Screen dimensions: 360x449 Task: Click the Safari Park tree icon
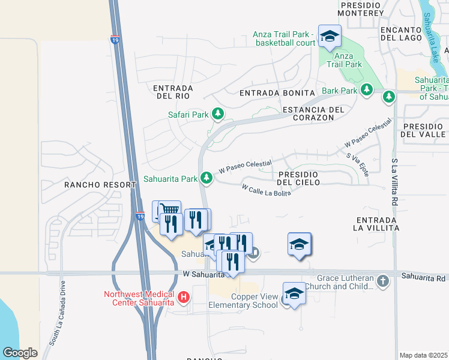point(218,113)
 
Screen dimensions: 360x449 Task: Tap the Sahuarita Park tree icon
point(206,178)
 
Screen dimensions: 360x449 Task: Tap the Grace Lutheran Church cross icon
point(383,280)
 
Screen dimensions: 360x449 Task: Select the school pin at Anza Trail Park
point(329,36)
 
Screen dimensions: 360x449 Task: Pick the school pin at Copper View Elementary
point(294,293)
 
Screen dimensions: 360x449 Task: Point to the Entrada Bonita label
point(277,93)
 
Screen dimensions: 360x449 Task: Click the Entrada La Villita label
point(377,224)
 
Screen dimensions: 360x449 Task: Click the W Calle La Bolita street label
point(267,190)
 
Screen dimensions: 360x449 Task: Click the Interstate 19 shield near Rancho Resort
point(139,216)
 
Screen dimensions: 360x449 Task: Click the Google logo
point(20,353)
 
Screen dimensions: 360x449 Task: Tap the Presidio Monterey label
point(361,8)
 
